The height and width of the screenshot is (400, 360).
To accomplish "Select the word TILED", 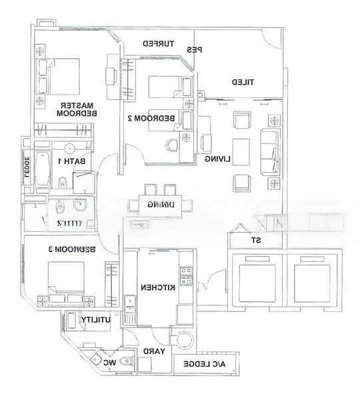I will tap(245, 82).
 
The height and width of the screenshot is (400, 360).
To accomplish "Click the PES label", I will tap(195, 50).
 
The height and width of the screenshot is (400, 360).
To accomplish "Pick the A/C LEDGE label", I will tap(208, 364).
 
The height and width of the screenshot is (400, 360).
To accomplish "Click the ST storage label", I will tap(255, 241).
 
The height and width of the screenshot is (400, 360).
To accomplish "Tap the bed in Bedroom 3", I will tap(65, 280).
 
